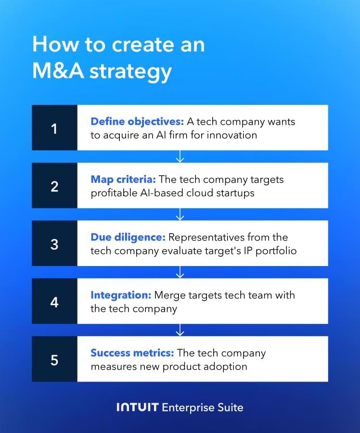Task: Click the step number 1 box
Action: tap(54, 128)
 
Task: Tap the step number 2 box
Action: tap(54, 186)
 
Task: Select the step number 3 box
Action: tap(54, 243)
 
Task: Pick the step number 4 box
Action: tap(54, 301)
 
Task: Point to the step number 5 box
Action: tap(54, 359)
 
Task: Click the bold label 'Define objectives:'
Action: tap(137, 121)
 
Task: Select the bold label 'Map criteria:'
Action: tap(123, 179)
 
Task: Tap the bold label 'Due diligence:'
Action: tap(128, 237)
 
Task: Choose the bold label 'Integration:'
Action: tap(121, 295)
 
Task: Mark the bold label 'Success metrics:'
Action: tap(132, 353)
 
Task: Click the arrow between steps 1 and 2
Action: tap(180, 156)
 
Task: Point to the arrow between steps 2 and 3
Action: tap(180, 214)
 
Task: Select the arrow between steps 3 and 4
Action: tap(180, 272)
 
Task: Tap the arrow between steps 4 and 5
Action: tap(180, 330)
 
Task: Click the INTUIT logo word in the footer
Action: tap(137, 408)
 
